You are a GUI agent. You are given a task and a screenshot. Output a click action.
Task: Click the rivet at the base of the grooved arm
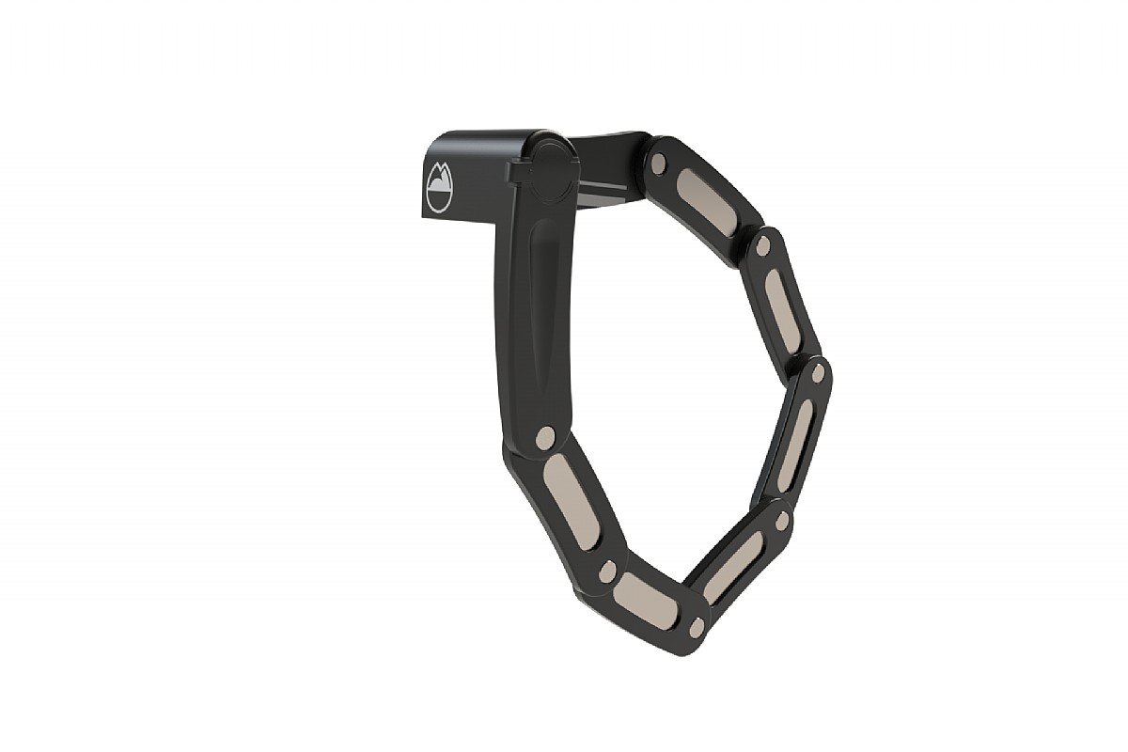point(545,436)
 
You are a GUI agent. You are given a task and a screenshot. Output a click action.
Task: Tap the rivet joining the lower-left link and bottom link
point(607,571)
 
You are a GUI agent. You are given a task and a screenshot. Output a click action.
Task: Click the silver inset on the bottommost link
point(646,601)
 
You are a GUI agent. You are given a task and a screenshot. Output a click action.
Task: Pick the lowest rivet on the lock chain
point(697,626)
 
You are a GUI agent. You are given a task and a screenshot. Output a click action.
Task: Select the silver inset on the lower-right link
point(733,567)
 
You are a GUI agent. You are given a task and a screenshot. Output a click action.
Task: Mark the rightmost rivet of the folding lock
point(817,373)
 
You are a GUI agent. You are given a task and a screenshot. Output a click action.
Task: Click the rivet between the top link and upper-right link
point(762,246)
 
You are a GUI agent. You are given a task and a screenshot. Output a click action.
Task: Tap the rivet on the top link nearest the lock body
point(658,164)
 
